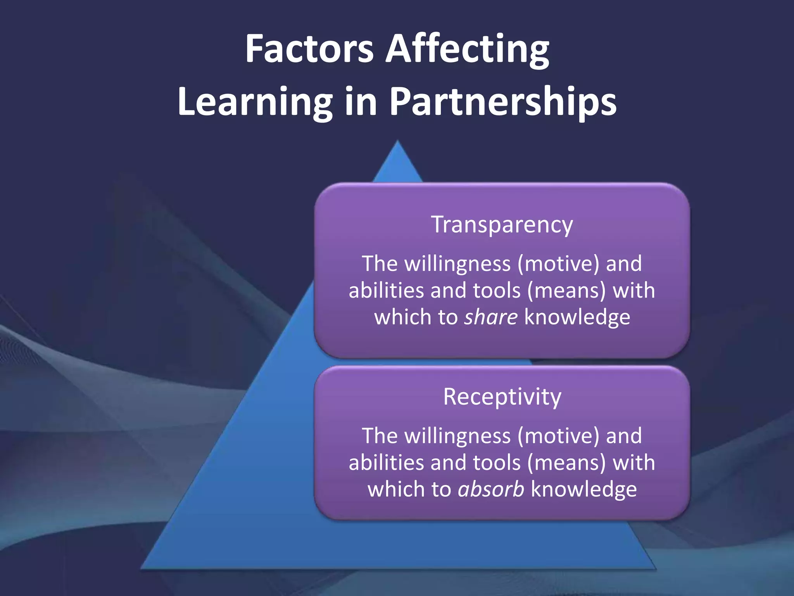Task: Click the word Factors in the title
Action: (309, 49)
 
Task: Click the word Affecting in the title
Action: (467, 50)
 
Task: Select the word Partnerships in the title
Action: (502, 102)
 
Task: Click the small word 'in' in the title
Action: (361, 102)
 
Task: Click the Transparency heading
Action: (502, 225)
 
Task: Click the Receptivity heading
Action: (502, 397)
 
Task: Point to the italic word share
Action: (490, 317)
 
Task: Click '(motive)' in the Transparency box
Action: (558, 264)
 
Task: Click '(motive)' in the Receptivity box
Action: (558, 436)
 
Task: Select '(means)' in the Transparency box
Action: (566, 291)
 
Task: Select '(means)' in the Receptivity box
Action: (566, 463)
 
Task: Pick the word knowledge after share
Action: (577, 317)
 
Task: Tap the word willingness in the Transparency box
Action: (457, 264)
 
